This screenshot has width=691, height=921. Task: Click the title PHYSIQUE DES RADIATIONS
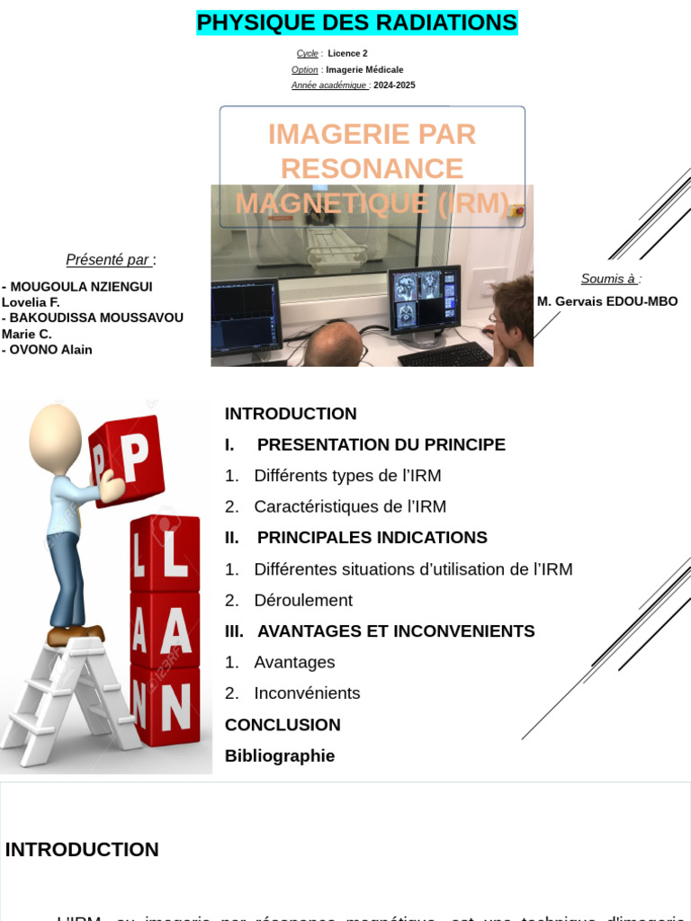[356, 22]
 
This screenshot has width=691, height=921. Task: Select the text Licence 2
[347, 54]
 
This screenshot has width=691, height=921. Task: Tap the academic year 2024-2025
[394, 85]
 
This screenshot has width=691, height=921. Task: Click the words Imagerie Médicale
[364, 70]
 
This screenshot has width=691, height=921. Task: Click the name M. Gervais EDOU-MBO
[607, 301]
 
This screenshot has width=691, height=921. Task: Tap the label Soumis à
[609, 279]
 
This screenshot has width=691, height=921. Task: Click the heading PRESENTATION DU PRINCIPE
[381, 444]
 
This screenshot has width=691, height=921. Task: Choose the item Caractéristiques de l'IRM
[349, 506]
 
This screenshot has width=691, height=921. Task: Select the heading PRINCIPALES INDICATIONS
[372, 538]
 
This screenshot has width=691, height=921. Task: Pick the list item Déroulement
[302, 600]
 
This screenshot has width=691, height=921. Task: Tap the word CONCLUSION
[283, 725]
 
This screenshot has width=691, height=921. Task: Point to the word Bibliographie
[280, 756]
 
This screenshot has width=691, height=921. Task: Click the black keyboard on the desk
[444, 353]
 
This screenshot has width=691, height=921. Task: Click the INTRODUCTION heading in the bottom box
[82, 850]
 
